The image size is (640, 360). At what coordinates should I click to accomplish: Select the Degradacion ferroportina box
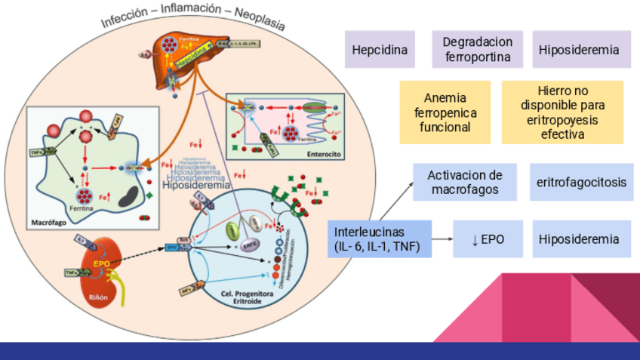(478, 50)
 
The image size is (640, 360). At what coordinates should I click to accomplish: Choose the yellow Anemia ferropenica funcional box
(445, 112)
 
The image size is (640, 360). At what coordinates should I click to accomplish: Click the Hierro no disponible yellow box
(562, 112)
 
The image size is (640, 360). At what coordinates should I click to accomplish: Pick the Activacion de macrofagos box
(465, 182)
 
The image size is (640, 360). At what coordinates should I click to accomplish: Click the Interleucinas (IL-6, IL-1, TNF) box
(380, 239)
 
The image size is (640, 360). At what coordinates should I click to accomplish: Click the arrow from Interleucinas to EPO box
(442, 239)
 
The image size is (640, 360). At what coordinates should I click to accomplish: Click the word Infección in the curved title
(124, 20)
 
